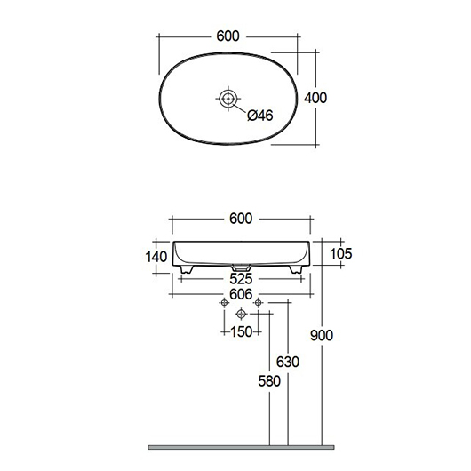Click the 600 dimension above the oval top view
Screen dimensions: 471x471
click(228, 36)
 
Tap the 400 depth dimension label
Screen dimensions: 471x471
click(315, 98)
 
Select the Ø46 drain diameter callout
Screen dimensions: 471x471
click(260, 116)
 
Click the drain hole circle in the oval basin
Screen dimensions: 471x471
click(228, 99)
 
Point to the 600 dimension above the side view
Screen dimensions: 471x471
click(241, 219)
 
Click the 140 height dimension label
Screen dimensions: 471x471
click(156, 257)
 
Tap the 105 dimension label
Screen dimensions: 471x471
click(341, 254)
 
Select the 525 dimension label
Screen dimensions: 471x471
click(241, 279)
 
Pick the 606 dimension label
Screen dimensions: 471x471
click(241, 294)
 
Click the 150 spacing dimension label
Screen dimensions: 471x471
click(242, 332)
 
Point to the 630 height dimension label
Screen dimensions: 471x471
click(288, 362)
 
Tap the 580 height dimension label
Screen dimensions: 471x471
click(269, 381)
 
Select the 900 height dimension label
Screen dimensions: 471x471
click(322, 335)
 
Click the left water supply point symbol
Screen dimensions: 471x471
click(224, 303)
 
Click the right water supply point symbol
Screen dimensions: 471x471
click(258, 303)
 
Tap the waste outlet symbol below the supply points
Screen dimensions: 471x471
click(241, 314)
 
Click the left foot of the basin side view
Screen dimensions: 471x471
click(187, 270)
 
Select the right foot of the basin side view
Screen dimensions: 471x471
click(296, 270)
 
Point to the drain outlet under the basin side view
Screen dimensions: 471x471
click(241, 267)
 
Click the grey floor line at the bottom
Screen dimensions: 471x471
click(241, 448)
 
